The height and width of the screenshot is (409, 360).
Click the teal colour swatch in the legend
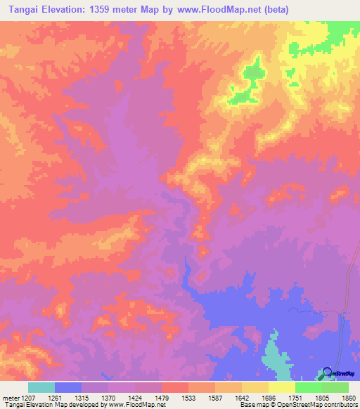tap(41, 387)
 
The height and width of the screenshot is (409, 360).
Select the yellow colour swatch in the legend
tap(282, 387)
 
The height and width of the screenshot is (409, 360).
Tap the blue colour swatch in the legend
tap(68, 387)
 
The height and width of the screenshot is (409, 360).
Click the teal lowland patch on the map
tap(276, 358)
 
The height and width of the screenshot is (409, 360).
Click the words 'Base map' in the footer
tap(252, 405)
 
